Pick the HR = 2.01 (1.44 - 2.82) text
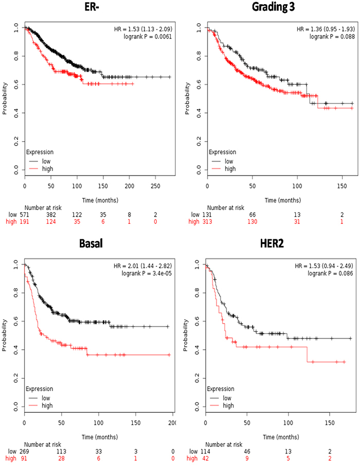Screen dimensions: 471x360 click(x=144, y=266)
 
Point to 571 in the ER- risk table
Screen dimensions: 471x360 click(x=25, y=214)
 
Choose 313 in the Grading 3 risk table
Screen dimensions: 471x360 click(x=207, y=221)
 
